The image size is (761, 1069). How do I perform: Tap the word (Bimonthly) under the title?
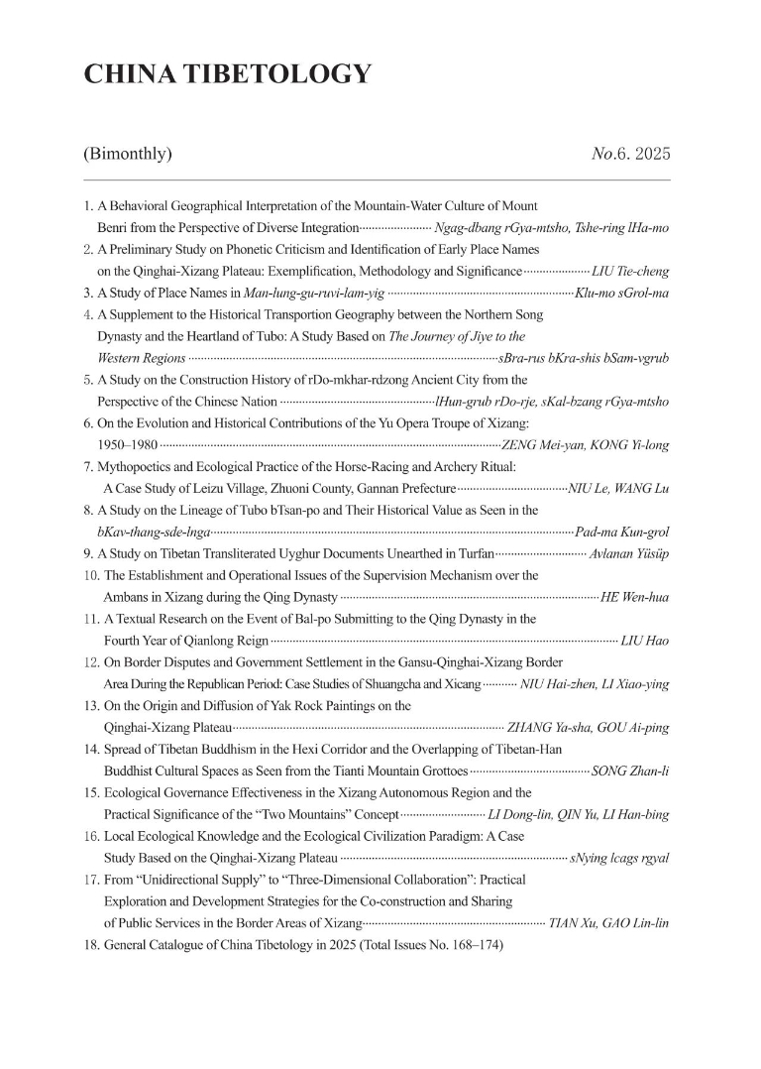[129, 154]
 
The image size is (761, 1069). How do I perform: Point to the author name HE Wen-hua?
[634, 597]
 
